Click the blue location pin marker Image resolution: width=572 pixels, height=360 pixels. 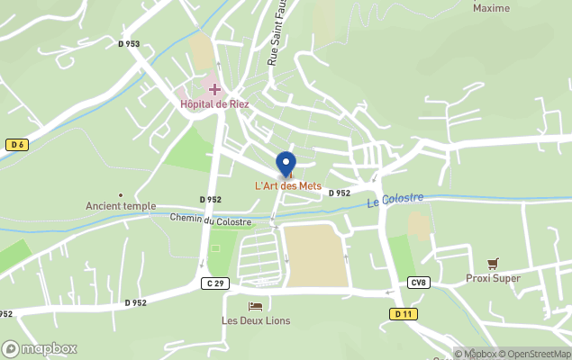click(x=286, y=164)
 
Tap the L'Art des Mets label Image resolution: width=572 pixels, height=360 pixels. click(x=287, y=186)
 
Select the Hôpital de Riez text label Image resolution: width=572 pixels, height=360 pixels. click(x=214, y=104)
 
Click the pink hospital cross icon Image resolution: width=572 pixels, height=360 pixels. click(x=214, y=89)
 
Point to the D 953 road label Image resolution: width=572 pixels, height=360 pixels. click(x=129, y=43)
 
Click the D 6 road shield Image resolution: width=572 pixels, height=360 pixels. click(x=16, y=145)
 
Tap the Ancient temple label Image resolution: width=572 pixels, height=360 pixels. click(x=121, y=206)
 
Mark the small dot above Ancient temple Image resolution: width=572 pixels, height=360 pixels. click(x=121, y=194)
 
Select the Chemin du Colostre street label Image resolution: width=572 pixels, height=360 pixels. click(x=210, y=220)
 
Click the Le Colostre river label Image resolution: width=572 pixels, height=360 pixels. click(x=395, y=200)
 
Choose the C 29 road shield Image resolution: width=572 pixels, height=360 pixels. click(x=212, y=283)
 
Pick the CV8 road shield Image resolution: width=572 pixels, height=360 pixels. click(x=418, y=283)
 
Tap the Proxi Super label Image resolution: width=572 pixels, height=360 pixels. click(x=493, y=278)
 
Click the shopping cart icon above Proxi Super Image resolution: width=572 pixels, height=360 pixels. click(x=493, y=264)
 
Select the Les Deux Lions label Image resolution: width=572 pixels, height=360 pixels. click(x=255, y=320)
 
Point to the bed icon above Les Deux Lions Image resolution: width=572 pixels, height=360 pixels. click(x=255, y=307)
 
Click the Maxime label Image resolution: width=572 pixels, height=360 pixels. click(x=491, y=9)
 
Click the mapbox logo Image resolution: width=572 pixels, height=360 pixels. click(x=40, y=348)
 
